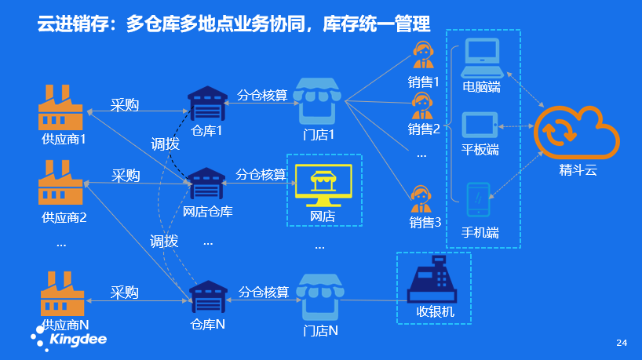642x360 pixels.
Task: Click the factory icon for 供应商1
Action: coord(60,108)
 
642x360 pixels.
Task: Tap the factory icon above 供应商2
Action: coord(60,184)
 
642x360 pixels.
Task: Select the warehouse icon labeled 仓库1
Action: coord(206,103)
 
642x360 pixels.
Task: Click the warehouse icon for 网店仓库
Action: coord(206,184)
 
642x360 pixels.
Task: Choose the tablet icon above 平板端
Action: coord(480,125)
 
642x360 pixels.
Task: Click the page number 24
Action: coord(622,343)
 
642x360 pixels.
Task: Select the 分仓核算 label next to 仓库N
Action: coord(264,292)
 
